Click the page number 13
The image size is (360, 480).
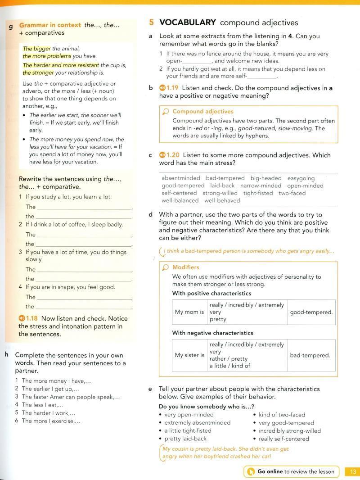(352, 471)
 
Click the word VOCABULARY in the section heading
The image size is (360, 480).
(188, 23)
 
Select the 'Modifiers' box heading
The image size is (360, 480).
(185, 267)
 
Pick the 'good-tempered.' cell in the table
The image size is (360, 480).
(311, 312)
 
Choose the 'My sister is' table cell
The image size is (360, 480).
(189, 355)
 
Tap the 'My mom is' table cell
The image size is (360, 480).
(189, 312)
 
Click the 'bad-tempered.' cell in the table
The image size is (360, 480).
(310, 355)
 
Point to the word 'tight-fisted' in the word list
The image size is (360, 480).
(258, 193)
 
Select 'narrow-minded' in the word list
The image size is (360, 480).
(261, 186)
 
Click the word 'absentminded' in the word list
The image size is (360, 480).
(180, 178)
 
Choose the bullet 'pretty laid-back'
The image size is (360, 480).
(185, 439)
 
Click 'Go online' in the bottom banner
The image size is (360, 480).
(270, 471)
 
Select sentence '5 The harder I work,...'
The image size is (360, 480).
(48, 412)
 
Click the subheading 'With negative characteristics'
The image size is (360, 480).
(213, 333)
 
